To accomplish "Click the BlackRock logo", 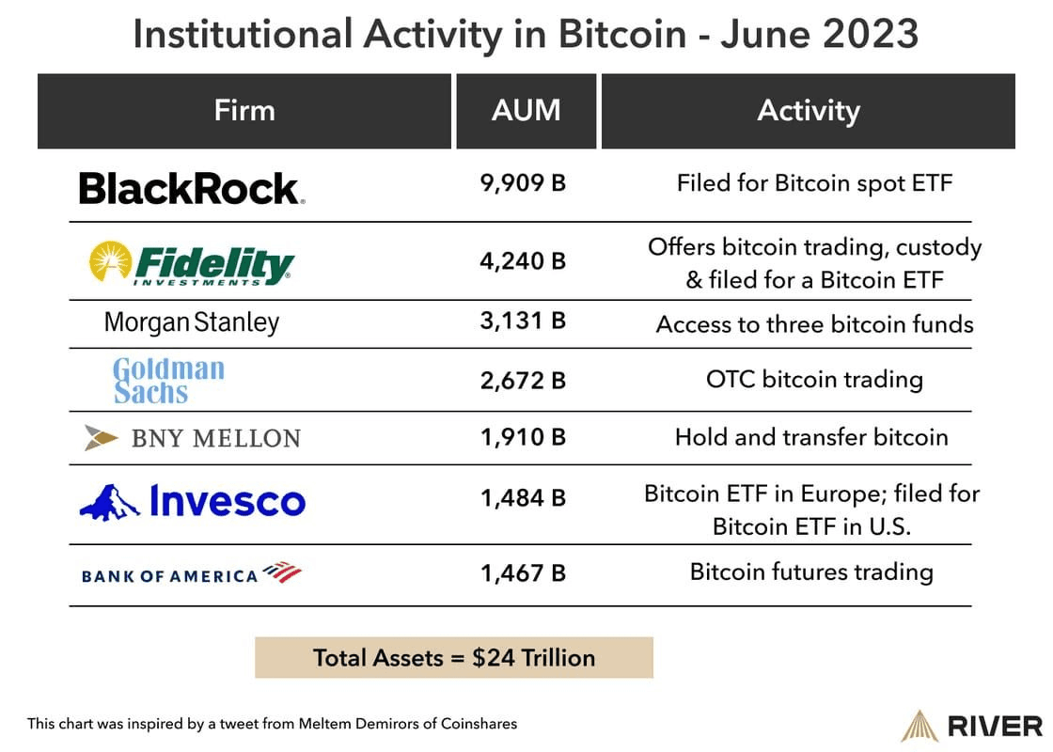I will tap(192, 188).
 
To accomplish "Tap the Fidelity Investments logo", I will tap(192, 263).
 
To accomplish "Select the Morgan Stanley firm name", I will tap(192, 323).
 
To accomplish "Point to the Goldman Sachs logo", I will tap(168, 380).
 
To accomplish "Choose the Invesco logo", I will tap(193, 502).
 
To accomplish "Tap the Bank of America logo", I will tap(192, 572).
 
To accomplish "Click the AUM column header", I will tap(526, 111).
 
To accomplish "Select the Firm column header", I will tap(244, 111).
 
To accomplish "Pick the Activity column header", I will tap(809, 111).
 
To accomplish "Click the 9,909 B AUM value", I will tap(524, 182).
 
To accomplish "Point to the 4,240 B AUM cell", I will tap(524, 260).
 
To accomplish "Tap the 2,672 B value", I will tap(524, 380).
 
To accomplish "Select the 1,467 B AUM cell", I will tap(524, 572).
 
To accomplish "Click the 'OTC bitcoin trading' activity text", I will tap(814, 380).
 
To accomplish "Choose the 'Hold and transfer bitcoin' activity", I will tap(811, 437).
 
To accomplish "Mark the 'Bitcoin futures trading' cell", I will tap(811, 572).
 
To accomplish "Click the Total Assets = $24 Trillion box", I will tap(454, 657).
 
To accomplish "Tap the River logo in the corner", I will tap(972, 726).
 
